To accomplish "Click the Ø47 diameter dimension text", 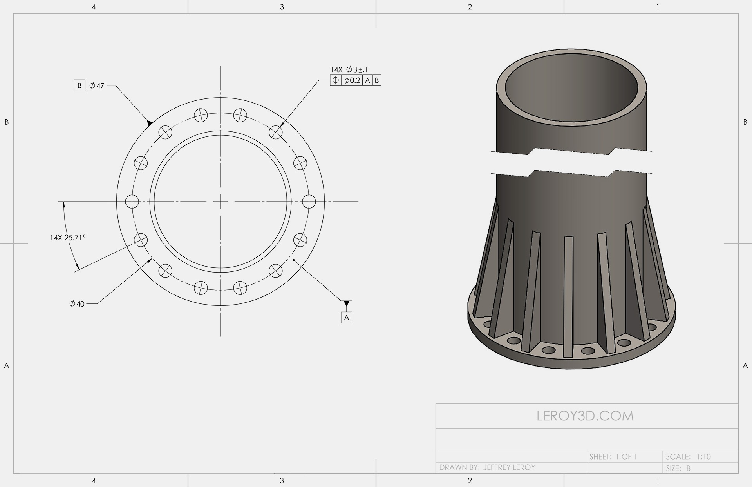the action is [97, 85].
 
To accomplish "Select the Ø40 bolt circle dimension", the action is [77, 303].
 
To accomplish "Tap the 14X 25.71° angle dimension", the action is [68, 238].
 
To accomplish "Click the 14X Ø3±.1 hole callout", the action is [349, 69].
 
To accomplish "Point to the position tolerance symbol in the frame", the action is [336, 80].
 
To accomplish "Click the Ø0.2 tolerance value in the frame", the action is [352, 80].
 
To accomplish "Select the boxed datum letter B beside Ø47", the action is [80, 85].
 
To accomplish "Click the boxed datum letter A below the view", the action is [347, 318].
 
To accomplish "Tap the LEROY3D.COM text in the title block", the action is [585, 416].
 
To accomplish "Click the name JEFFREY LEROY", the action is [509, 467].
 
